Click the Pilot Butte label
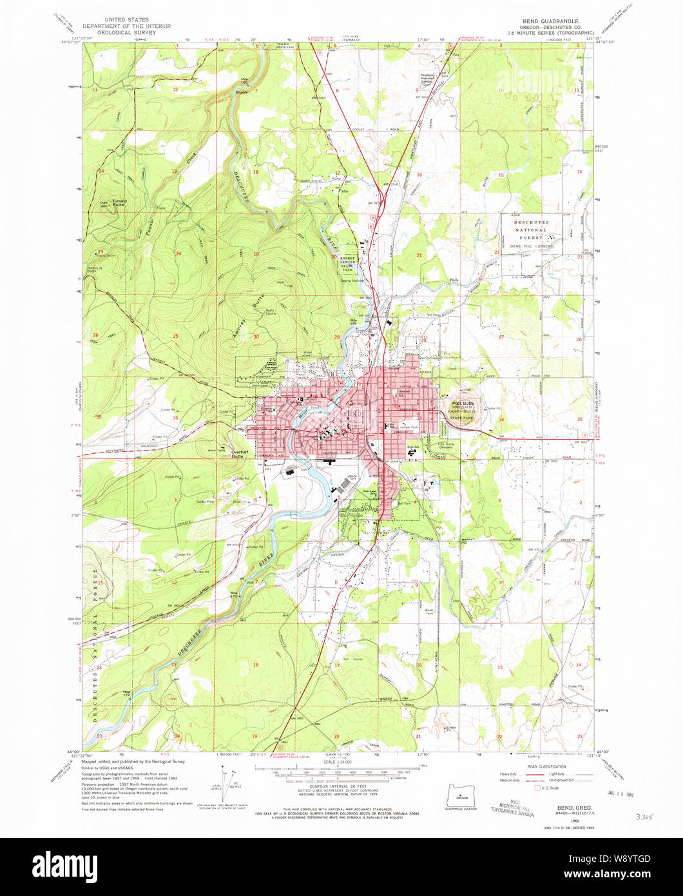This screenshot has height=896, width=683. point(463,403)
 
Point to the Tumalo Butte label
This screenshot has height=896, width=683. point(120,203)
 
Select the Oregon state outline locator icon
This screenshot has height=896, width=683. point(461,791)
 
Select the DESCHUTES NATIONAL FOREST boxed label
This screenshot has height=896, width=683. point(530,229)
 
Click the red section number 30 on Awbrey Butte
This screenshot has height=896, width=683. point(256,337)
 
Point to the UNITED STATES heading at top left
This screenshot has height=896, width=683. point(133,21)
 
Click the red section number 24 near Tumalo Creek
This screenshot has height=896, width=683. point(178,254)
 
